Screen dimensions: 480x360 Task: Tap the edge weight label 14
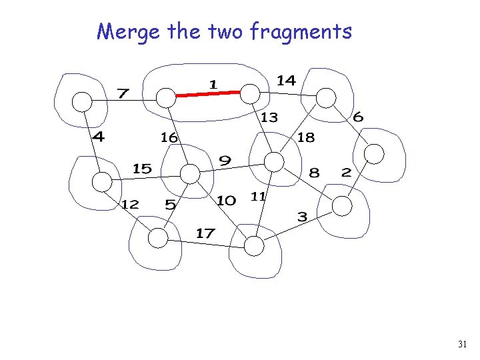[286, 81]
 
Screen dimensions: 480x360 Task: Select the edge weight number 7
[123, 93]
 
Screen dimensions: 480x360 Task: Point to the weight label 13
[269, 118]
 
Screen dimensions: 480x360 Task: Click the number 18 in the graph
[306, 137]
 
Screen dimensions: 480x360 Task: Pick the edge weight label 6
[358, 117]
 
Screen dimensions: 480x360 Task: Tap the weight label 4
[98, 138]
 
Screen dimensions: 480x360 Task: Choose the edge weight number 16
[169, 137]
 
